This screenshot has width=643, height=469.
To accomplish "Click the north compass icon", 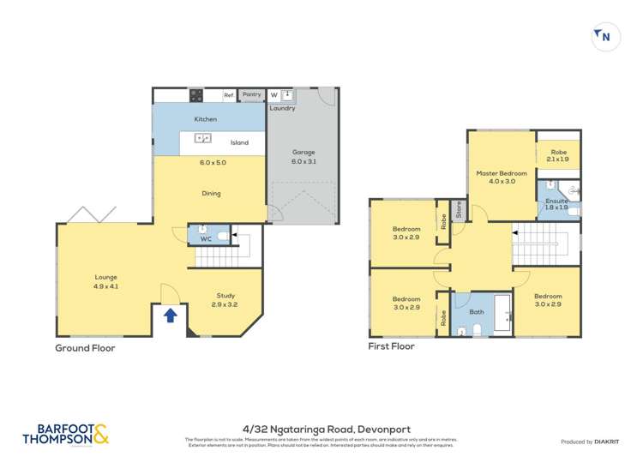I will (605, 37).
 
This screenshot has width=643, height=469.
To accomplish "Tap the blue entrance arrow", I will (170, 315).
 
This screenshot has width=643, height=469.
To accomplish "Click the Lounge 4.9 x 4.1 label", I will (106, 281).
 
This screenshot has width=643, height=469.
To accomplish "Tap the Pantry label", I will (251, 95).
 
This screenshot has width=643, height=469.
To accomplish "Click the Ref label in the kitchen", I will (228, 95).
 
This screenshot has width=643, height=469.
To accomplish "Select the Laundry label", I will (282, 108).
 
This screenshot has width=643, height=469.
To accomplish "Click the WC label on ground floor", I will (206, 239).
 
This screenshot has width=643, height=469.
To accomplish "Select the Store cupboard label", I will (459, 208).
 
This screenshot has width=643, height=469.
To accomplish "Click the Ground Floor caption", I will (85, 348).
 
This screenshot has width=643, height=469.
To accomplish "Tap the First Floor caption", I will (391, 346).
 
